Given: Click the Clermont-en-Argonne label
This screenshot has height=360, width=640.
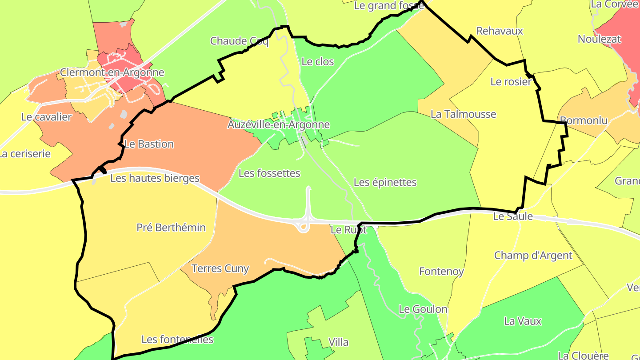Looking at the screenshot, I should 112,72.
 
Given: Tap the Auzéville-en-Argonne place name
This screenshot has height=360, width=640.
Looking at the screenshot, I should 279,124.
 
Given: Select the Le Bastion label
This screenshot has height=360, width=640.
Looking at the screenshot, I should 149,144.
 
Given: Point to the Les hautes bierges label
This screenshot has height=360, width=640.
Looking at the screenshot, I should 155,178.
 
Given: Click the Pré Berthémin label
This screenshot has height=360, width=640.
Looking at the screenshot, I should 171,228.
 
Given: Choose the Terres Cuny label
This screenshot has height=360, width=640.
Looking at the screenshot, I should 220,268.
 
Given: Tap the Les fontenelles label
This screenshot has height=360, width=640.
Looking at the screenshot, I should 177,340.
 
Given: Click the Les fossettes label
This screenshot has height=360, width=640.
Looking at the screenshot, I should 269,173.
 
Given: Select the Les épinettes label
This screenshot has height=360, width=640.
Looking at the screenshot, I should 385,182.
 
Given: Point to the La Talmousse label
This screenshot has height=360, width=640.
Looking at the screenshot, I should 463,114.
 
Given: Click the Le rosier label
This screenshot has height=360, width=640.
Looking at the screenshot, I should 511,82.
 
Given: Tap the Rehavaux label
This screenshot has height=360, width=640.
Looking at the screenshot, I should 500,31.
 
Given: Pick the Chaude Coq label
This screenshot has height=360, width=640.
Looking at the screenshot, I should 240,41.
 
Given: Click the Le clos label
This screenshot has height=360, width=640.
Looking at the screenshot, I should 317,62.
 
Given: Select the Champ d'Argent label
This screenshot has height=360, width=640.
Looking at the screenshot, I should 533,256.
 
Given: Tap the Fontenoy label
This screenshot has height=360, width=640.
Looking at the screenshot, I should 441,271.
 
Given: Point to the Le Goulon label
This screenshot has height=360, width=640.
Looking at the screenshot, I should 423,309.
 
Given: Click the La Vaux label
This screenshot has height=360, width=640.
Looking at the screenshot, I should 523,321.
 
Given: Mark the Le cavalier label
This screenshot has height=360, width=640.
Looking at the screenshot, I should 46,117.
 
